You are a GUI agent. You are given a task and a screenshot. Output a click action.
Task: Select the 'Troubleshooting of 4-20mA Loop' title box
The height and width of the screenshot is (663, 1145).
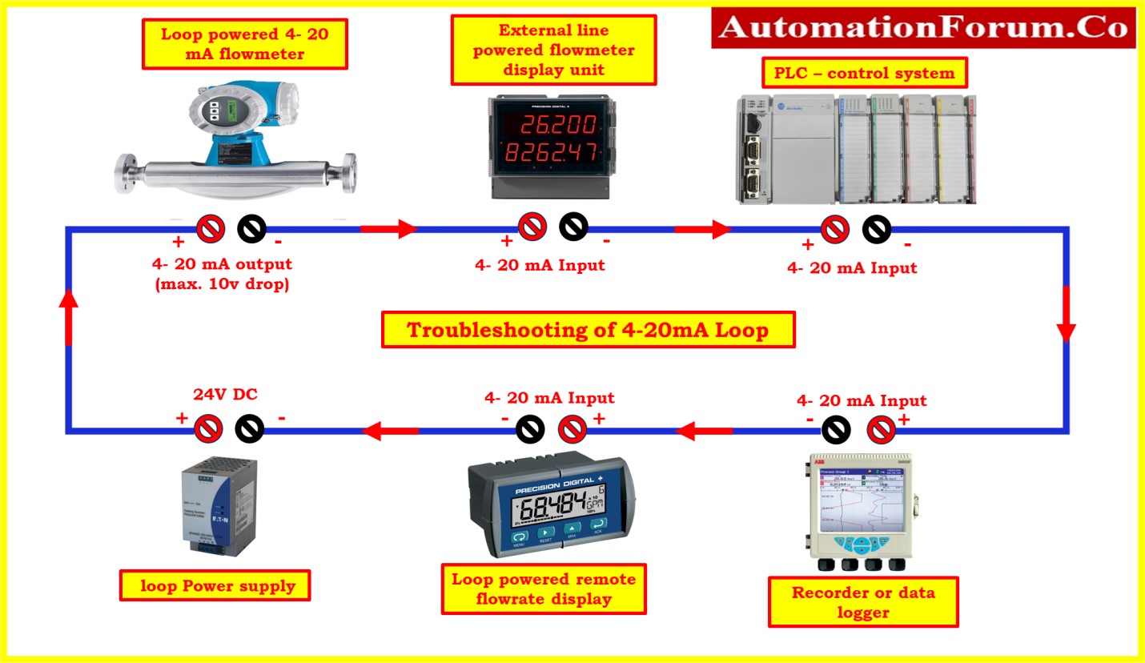(x=588, y=330)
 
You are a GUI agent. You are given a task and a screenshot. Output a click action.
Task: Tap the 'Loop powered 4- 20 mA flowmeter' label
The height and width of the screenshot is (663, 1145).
(x=244, y=44)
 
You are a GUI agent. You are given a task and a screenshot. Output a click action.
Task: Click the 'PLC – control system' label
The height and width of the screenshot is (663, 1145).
(x=864, y=74)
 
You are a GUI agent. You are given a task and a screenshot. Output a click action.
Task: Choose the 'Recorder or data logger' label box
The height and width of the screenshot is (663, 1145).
(x=863, y=602)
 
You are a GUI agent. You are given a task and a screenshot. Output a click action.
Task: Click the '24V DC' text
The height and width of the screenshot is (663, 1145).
(x=225, y=394)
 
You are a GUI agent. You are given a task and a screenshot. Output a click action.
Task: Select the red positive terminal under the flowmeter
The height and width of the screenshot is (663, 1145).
(x=211, y=229)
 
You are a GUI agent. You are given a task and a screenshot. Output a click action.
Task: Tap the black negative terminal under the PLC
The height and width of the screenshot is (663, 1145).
(x=877, y=230)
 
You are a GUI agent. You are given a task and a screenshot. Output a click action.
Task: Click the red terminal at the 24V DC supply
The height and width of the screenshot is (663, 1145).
(x=209, y=429)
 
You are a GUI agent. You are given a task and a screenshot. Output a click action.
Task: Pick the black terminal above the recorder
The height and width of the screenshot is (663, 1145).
(x=837, y=431)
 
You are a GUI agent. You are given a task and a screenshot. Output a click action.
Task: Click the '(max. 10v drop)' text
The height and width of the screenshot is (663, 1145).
(x=221, y=283)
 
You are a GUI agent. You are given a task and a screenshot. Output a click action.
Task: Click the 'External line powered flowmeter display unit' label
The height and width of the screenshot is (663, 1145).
(x=553, y=50)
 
